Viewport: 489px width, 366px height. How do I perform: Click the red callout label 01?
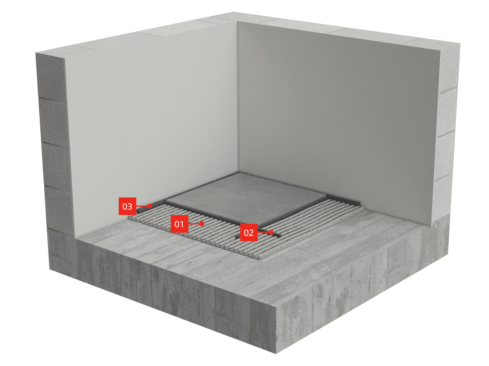(x=179, y=224)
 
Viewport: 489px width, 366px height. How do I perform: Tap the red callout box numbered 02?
(x=249, y=232)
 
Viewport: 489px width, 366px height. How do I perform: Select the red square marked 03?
(x=127, y=206)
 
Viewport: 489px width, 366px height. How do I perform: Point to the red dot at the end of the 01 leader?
(x=202, y=224)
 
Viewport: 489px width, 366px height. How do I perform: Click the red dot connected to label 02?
(x=271, y=232)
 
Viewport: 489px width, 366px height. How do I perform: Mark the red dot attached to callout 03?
(x=150, y=206)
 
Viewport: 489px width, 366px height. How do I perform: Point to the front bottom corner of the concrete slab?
(x=276, y=353)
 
